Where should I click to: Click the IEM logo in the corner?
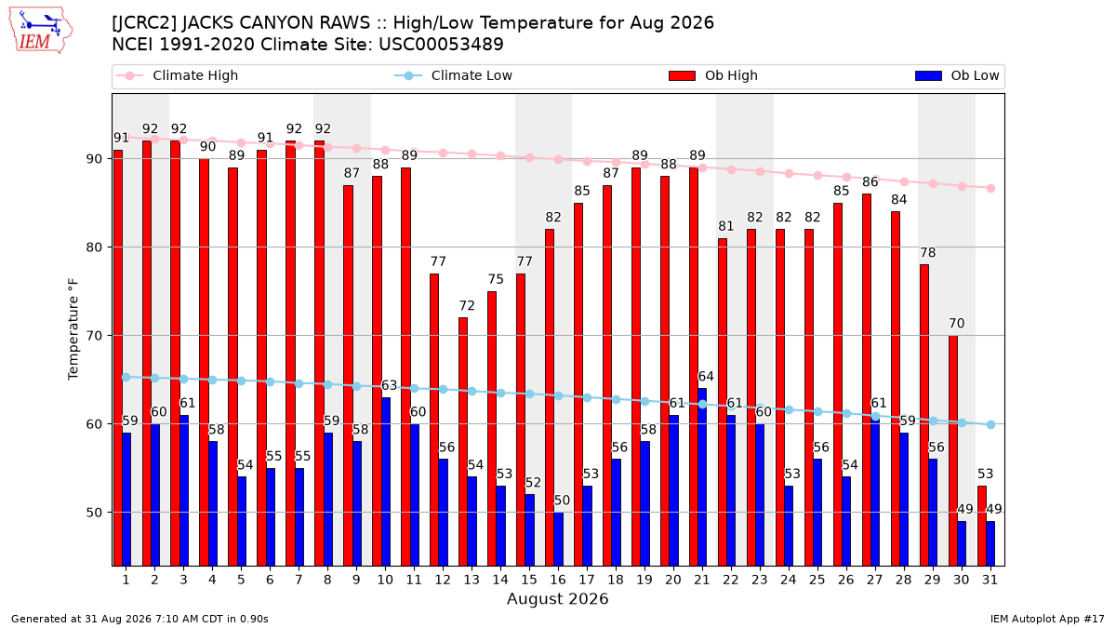40,31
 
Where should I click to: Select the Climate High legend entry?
177,75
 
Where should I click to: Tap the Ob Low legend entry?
957,75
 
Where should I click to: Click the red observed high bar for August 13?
463,442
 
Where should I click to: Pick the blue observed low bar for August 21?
702,477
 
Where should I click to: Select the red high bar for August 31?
981,526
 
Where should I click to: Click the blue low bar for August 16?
559,539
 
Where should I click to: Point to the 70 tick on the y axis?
94,336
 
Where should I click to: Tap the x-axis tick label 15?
529,580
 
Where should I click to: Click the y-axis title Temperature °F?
73,329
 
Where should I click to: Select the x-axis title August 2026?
557,598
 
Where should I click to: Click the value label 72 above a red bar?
467,305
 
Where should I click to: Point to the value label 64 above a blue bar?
706,376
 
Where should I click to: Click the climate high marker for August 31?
991,188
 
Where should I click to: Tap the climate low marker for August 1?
126,378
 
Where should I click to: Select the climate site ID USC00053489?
441,45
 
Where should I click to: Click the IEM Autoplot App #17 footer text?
1047,619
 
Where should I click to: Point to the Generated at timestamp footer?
139,619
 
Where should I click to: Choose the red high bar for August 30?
952,450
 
